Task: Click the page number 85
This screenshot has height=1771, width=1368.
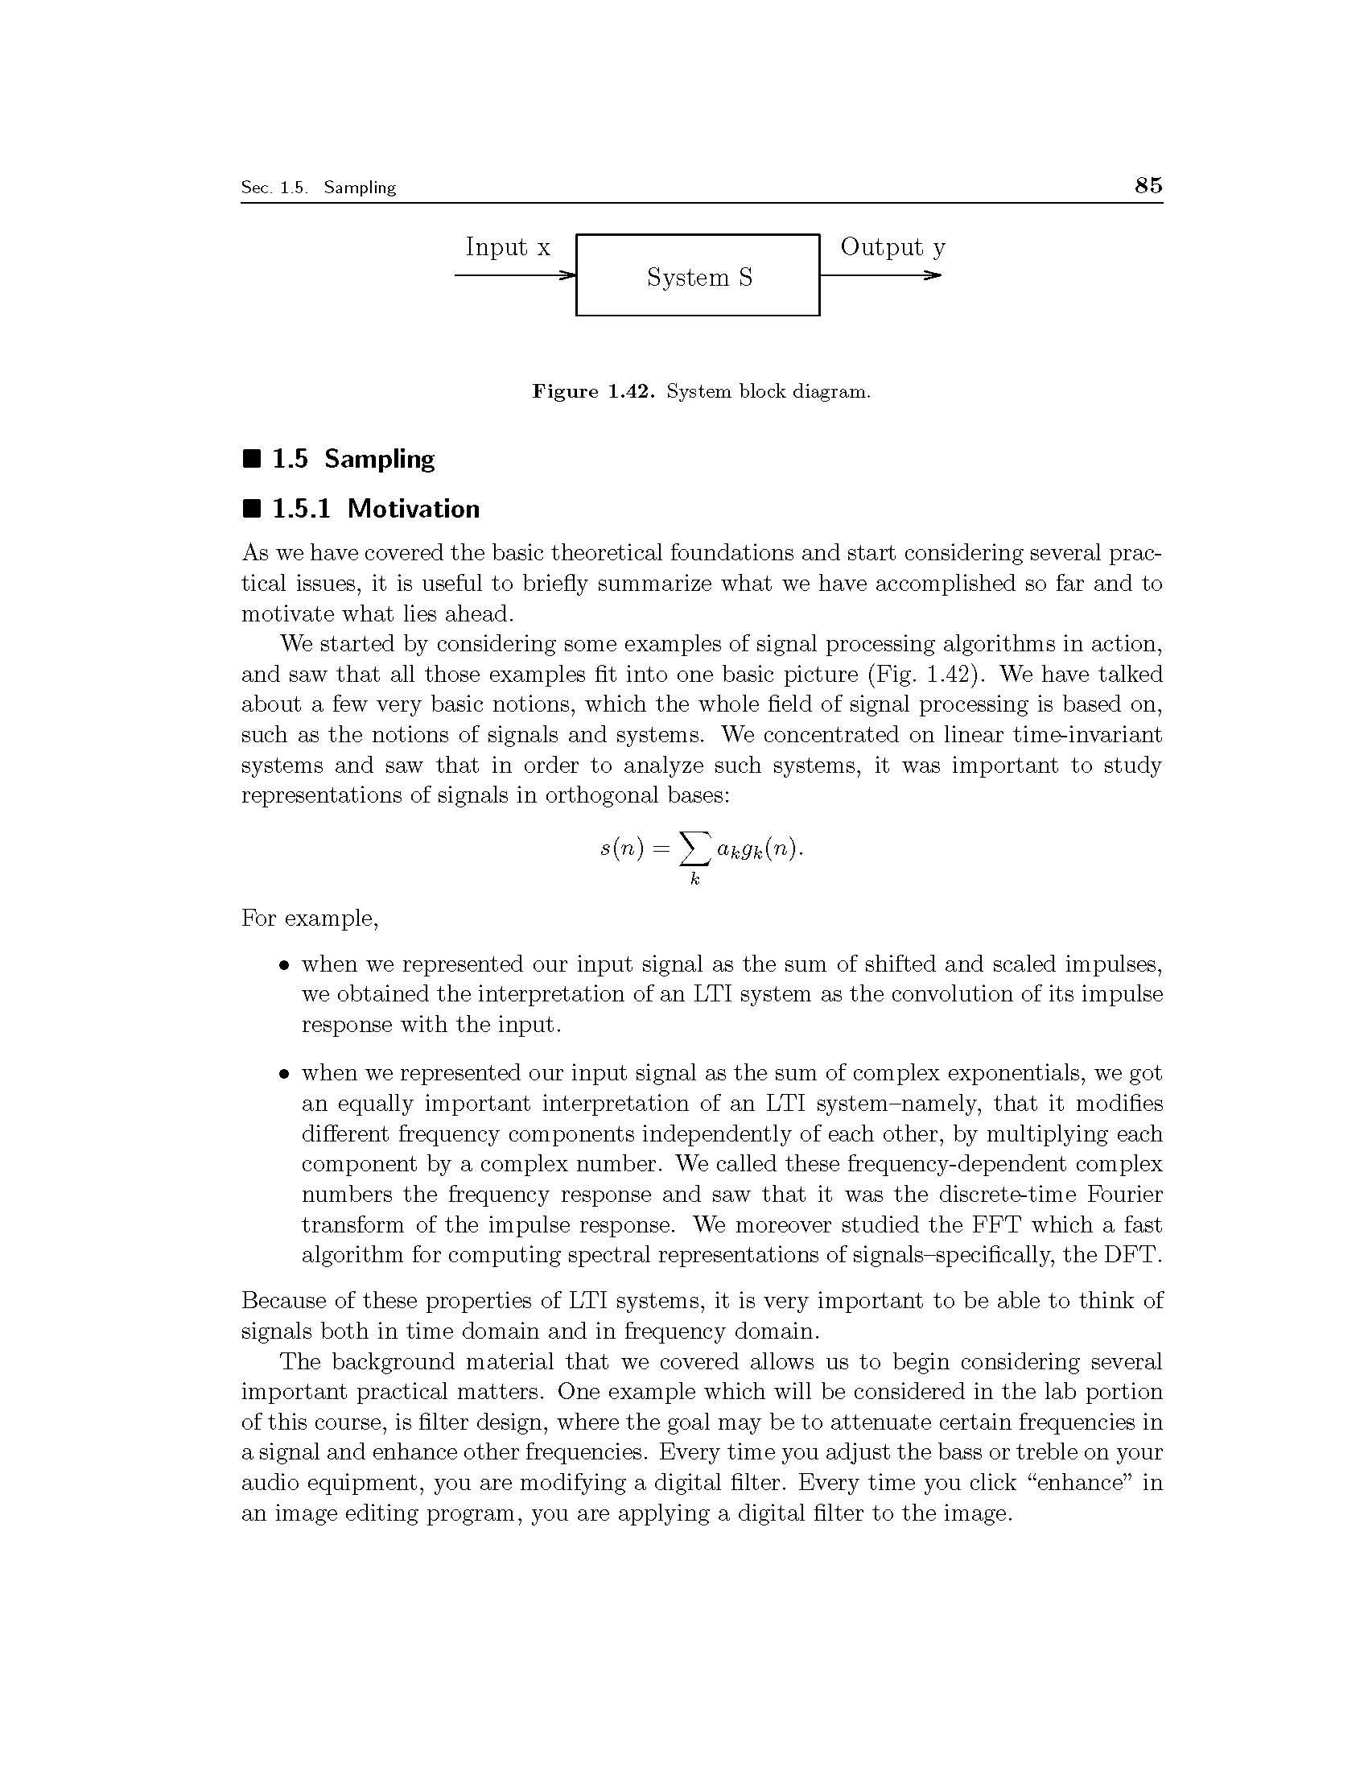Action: pos(1148,186)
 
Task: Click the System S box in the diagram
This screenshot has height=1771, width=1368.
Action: pos(698,275)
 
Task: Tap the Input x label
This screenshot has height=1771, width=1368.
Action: pos(507,246)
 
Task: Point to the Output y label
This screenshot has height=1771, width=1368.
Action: pos(892,246)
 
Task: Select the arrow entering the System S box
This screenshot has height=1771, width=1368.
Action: pos(516,275)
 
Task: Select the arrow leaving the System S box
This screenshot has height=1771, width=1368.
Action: pos(880,275)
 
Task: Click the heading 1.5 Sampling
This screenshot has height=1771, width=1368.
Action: pos(352,459)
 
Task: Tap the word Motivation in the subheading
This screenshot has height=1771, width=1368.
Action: pos(414,509)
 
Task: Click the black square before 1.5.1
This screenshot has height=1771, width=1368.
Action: pos(252,510)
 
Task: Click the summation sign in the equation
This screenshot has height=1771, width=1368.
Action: pos(693,849)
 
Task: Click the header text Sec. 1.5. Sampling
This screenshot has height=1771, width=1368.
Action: pos(318,188)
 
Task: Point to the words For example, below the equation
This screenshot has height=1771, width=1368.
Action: pos(310,919)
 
